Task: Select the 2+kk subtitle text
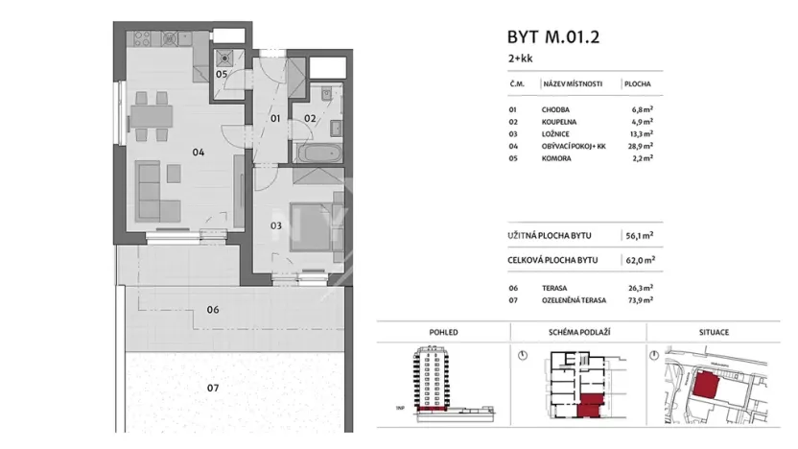[520, 59]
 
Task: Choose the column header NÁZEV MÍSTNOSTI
[572, 84]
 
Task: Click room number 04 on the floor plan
[198, 152]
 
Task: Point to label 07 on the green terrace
[213, 389]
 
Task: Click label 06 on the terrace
[213, 310]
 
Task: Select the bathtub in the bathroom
[316, 153]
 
